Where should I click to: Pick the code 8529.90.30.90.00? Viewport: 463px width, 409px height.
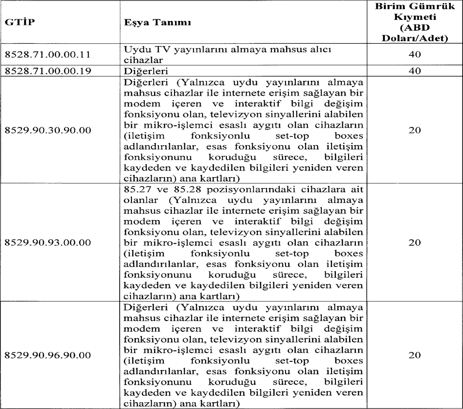[x=47, y=131]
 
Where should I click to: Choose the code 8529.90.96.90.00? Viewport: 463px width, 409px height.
[x=47, y=355]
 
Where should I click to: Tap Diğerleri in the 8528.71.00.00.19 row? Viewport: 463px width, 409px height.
[x=144, y=71]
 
